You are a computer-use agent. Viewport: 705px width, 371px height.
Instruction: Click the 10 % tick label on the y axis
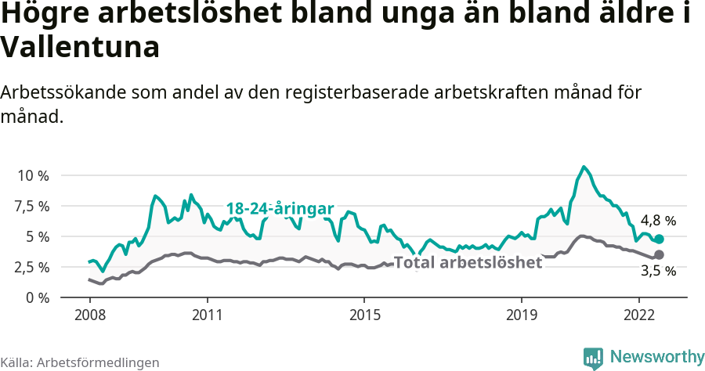(x=32, y=175)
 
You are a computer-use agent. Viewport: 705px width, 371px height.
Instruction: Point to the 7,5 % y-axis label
(x=32, y=206)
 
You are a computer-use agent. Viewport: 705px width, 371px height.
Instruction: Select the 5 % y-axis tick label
(x=38, y=236)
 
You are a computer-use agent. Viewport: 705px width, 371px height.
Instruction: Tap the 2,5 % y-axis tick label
(x=32, y=267)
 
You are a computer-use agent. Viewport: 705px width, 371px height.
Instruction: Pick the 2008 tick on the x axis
(x=89, y=315)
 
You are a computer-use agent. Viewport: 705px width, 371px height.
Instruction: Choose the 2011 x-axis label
(x=207, y=315)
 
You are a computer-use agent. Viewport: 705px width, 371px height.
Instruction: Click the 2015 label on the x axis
(x=363, y=315)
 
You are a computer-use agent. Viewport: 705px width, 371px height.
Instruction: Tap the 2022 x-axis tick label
(x=638, y=315)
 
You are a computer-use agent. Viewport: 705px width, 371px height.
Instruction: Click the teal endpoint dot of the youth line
(x=659, y=239)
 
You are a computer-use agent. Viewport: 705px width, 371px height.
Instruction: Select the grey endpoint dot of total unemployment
(x=659, y=254)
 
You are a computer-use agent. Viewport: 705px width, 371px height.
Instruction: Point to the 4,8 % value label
(x=658, y=221)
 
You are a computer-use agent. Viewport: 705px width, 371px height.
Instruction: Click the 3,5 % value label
(x=658, y=272)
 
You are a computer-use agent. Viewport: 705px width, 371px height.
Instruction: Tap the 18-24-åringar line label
(x=280, y=209)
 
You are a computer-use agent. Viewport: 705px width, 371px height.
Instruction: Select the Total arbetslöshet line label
(x=468, y=262)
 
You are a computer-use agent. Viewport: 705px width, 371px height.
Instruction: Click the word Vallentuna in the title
(x=81, y=47)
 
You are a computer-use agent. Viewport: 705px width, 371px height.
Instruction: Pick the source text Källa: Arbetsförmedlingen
(x=80, y=362)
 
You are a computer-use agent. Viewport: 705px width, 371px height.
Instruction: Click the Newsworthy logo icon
(x=593, y=358)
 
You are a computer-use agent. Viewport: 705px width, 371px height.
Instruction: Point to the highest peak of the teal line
(x=584, y=167)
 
